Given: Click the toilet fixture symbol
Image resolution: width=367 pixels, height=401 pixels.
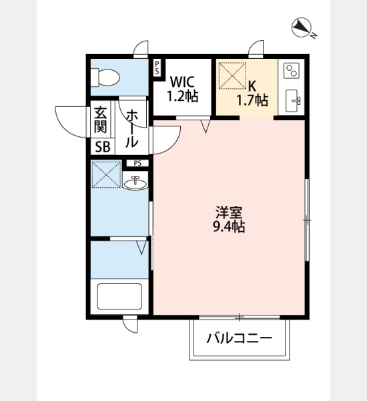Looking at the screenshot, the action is (x=105, y=78).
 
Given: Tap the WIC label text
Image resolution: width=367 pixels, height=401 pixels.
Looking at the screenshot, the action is (x=182, y=82).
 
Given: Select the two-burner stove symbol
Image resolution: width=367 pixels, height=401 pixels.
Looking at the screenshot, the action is (x=292, y=71).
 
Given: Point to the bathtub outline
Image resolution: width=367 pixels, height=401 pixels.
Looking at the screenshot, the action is (x=119, y=296).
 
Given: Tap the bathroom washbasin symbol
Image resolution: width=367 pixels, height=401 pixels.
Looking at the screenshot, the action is (x=135, y=182).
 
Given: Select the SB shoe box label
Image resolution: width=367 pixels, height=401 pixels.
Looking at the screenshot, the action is (x=103, y=147).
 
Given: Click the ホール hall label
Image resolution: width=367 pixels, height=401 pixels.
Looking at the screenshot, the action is (x=131, y=128).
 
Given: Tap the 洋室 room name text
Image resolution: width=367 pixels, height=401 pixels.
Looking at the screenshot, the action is (x=229, y=213).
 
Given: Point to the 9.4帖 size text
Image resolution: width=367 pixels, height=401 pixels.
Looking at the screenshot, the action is (x=229, y=227).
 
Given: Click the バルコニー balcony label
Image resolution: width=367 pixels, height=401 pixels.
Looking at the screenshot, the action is (x=240, y=338).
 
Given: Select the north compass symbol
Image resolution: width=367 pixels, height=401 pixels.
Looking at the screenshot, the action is (x=303, y=27).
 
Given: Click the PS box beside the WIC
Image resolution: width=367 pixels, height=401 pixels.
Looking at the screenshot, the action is (x=157, y=68).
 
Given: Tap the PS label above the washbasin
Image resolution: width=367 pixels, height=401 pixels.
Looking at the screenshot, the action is (x=137, y=163).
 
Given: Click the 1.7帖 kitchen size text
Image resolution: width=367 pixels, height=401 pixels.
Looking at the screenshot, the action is (x=252, y=100).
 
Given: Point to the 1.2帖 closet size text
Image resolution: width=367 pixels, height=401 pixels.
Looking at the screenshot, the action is (x=182, y=96).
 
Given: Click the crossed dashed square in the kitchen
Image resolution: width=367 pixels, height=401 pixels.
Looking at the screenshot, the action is (x=233, y=76).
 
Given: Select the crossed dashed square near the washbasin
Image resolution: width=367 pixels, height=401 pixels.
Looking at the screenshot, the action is (x=106, y=174).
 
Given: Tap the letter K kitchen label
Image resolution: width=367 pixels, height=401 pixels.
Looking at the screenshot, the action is (x=252, y=86).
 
